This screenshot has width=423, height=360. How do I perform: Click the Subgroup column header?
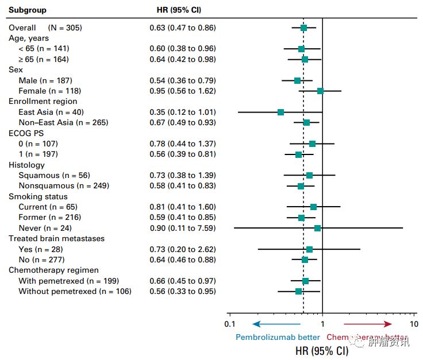tap(28, 10)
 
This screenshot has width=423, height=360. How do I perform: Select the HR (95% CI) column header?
tap(179, 10)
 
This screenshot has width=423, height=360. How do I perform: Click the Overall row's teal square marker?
tap(303, 28)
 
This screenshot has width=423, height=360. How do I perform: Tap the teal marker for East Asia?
tap(280, 112)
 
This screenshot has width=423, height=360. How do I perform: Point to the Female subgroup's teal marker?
tap(320, 91)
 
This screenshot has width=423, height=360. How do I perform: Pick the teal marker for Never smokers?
tap(317, 228)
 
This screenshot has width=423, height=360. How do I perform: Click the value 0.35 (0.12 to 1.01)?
tap(183, 112)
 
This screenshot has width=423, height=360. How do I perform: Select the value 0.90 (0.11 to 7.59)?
tap(183, 228)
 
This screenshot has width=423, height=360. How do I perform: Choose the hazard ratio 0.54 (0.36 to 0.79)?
tap(183, 80)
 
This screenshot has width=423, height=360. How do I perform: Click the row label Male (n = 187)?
tap(45, 80)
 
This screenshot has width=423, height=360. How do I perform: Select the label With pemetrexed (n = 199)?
tap(68, 281)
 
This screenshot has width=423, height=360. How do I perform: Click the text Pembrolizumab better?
tap(278, 337)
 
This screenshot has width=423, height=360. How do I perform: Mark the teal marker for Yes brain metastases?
tap(309, 249)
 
